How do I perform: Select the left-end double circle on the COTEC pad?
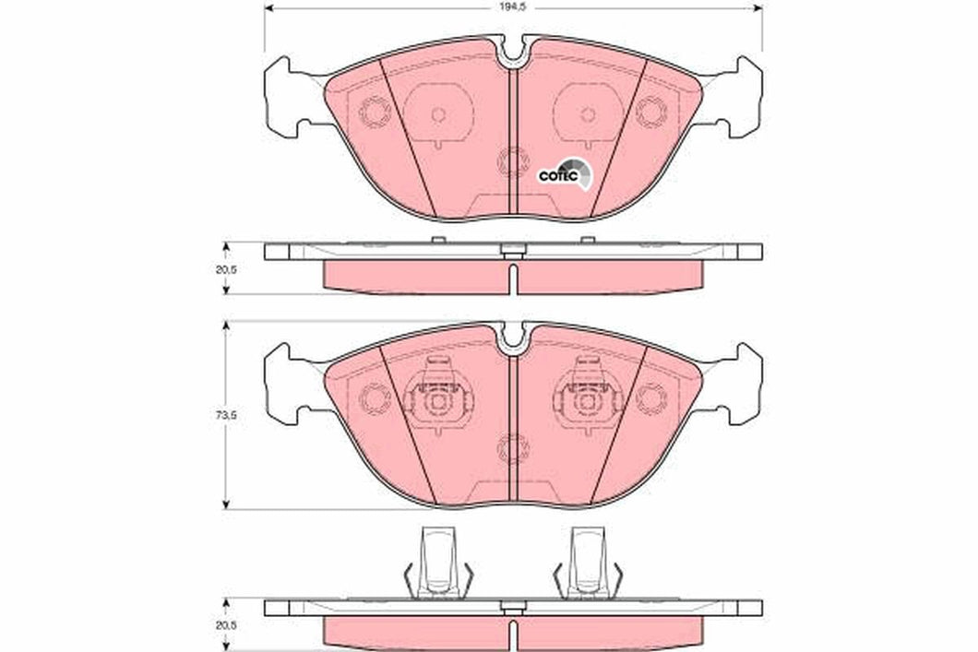pyautogui.click(x=375, y=113)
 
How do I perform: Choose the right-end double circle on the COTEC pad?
pyautogui.click(x=651, y=113)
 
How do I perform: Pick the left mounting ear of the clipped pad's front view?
pyautogui.click(x=289, y=380)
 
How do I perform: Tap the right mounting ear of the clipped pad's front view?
pyautogui.click(x=738, y=380)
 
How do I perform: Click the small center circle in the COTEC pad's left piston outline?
pyautogui.click(x=437, y=114)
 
